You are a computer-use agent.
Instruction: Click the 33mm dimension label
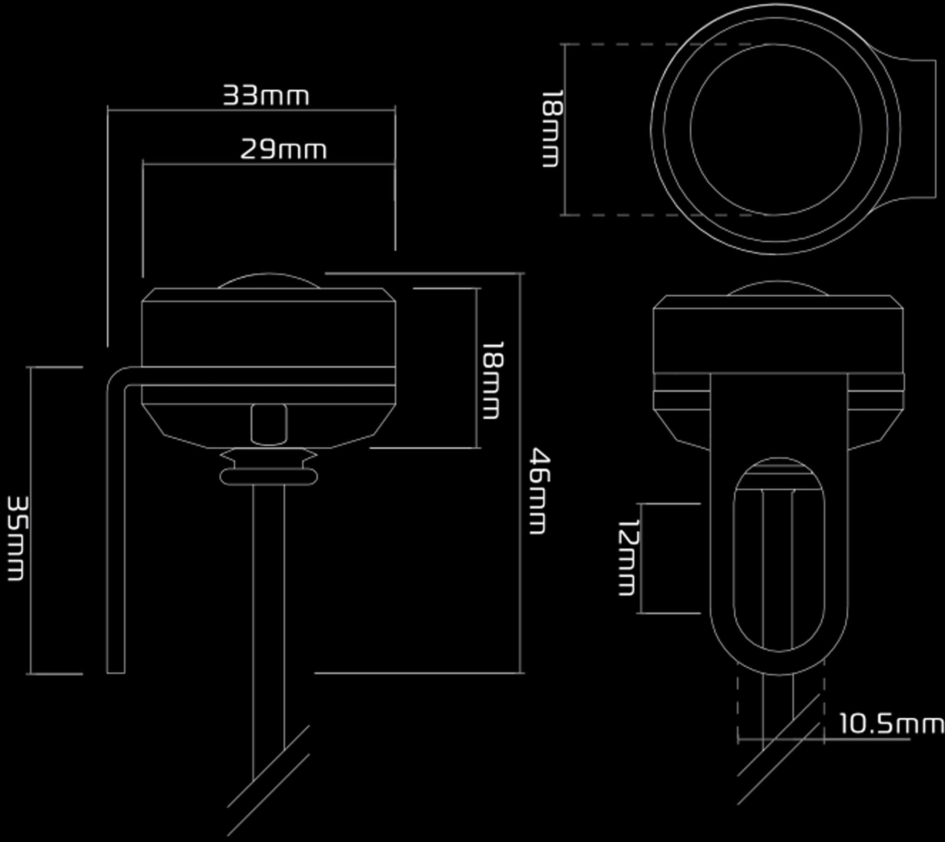(x=266, y=95)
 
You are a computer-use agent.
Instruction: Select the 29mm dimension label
(x=283, y=149)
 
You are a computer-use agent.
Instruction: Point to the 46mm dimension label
(x=539, y=491)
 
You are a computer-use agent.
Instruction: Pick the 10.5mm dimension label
(x=891, y=723)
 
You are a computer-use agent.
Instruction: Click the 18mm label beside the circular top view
(x=551, y=128)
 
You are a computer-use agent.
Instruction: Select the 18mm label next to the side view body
(x=492, y=380)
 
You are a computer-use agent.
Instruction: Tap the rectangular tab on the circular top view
(x=935, y=128)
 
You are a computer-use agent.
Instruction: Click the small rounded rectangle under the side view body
(x=269, y=424)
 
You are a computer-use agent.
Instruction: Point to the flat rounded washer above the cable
(x=268, y=477)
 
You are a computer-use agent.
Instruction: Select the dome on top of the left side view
(x=268, y=274)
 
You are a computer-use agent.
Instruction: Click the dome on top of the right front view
(x=778, y=282)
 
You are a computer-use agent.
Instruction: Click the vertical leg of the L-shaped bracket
(x=116, y=529)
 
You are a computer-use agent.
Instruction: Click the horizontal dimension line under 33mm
(x=251, y=111)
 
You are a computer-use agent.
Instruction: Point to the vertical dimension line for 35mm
(x=31, y=520)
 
